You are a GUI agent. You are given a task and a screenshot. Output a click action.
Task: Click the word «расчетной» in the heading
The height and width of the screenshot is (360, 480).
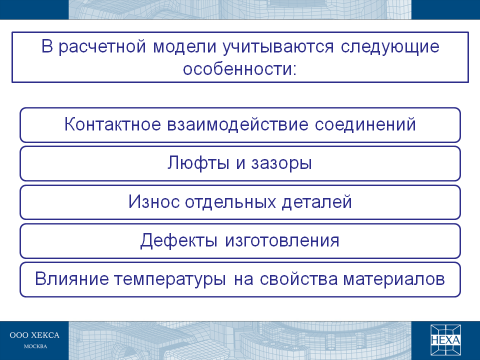(102, 47)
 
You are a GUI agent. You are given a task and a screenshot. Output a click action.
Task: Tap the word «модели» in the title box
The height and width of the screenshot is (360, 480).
(184, 46)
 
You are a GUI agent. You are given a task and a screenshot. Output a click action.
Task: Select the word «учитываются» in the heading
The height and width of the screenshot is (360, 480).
(278, 47)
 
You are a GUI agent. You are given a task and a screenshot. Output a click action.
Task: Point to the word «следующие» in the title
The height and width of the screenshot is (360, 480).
(390, 47)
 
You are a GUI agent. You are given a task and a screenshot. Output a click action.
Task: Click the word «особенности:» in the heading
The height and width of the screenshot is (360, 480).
(240, 68)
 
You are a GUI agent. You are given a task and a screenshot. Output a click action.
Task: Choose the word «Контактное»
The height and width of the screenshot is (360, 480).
(112, 124)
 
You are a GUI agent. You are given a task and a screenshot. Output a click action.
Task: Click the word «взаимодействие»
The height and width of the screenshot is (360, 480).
(237, 124)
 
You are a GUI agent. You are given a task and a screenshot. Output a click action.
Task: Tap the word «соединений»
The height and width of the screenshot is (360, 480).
(365, 124)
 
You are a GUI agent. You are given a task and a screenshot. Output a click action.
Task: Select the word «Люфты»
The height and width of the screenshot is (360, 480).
(198, 163)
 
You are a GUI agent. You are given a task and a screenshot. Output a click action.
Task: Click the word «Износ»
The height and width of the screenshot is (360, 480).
(153, 201)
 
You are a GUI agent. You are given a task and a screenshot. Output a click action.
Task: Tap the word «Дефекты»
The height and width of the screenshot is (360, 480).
(179, 240)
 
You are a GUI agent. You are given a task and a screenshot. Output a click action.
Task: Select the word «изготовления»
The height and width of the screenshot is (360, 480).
(282, 241)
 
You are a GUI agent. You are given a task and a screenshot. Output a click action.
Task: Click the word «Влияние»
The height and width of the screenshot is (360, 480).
(71, 279)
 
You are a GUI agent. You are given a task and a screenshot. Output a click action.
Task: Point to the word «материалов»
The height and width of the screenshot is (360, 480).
(393, 279)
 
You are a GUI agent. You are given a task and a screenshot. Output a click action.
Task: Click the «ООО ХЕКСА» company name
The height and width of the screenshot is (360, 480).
(34, 335)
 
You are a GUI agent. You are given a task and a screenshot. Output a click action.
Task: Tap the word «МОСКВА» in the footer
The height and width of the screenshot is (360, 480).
(35, 346)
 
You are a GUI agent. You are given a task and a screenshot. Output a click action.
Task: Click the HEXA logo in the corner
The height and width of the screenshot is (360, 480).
(445, 340)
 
